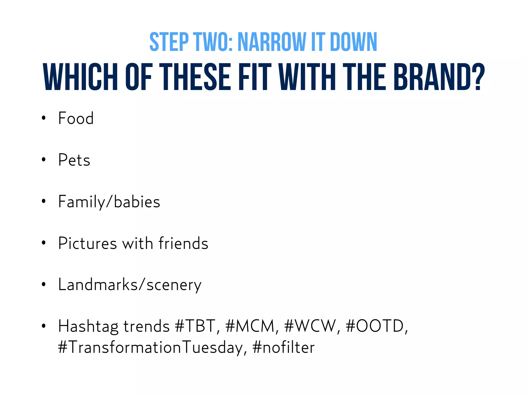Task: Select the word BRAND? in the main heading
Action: click(x=439, y=77)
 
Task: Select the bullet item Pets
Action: click(x=74, y=160)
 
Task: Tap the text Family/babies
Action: click(x=109, y=202)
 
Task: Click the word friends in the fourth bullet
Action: click(x=183, y=243)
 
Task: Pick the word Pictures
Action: click(x=87, y=243)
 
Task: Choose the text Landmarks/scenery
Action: click(x=130, y=285)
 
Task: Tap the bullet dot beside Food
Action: click(x=44, y=118)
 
